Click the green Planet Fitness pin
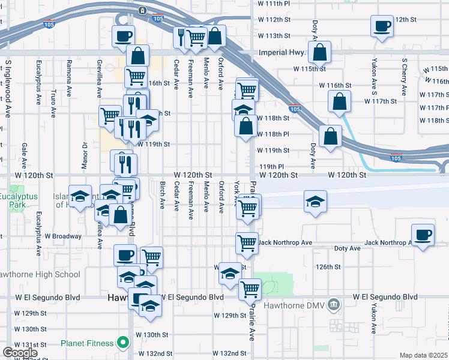pyautogui.click(x=123, y=343)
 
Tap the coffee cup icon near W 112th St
pyautogui.click(x=382, y=26)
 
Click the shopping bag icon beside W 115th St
pyautogui.click(x=320, y=52)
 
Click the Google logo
pyautogui.click(x=19, y=353)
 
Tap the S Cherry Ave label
pyautogui.click(x=406, y=76)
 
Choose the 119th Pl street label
pyautogui.click(x=271, y=166)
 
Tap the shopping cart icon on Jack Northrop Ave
pyautogui.click(x=247, y=242)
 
